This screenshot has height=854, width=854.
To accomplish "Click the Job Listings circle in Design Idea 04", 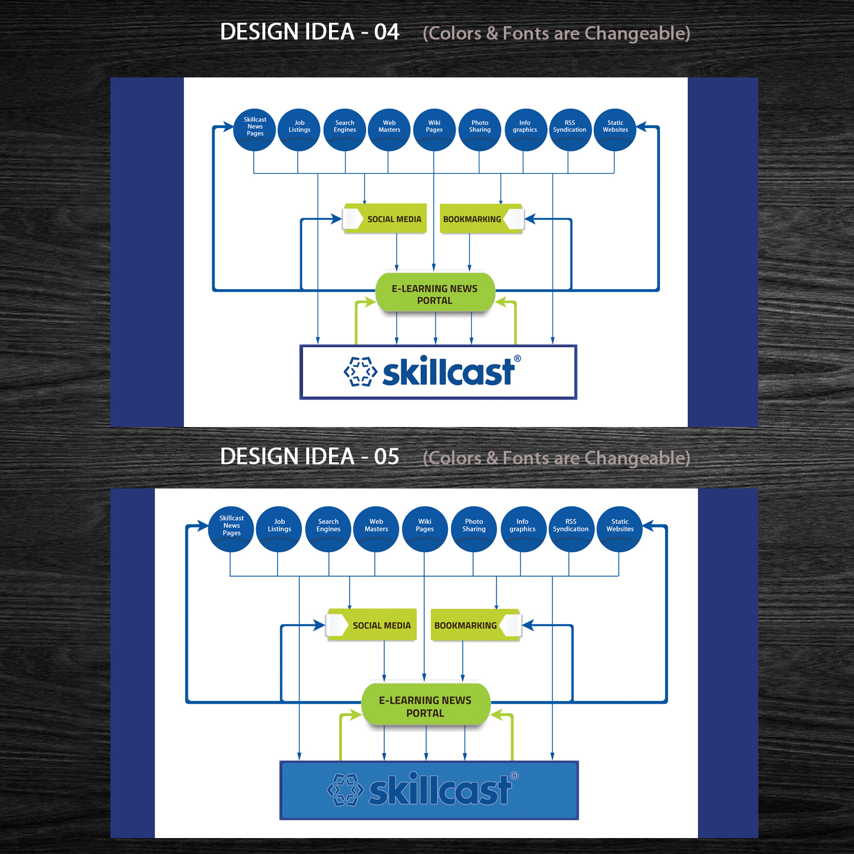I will point(299,129).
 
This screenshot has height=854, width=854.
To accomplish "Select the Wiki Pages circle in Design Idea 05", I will point(425,529).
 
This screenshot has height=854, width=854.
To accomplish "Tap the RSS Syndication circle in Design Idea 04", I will point(570,129).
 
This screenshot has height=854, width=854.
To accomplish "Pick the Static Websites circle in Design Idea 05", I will point(620,529).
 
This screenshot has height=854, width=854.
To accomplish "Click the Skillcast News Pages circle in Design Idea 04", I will point(254,129).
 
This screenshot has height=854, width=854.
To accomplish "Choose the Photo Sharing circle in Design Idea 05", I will point(474,529).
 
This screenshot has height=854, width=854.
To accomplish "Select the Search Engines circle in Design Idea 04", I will point(344,129).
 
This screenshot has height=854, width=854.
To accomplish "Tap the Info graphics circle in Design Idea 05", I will point(523,529).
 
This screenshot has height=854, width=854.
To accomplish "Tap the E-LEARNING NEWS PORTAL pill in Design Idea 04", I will point(435,294).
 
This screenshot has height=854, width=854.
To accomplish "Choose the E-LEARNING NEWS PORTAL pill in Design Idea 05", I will point(425,706).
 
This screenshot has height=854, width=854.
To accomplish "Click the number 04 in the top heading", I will point(387,32).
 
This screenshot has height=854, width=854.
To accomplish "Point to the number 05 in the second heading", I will point(387,457).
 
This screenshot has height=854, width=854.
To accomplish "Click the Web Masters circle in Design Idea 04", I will point(389,129).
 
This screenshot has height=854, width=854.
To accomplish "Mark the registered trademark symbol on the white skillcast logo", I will point(518,359).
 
